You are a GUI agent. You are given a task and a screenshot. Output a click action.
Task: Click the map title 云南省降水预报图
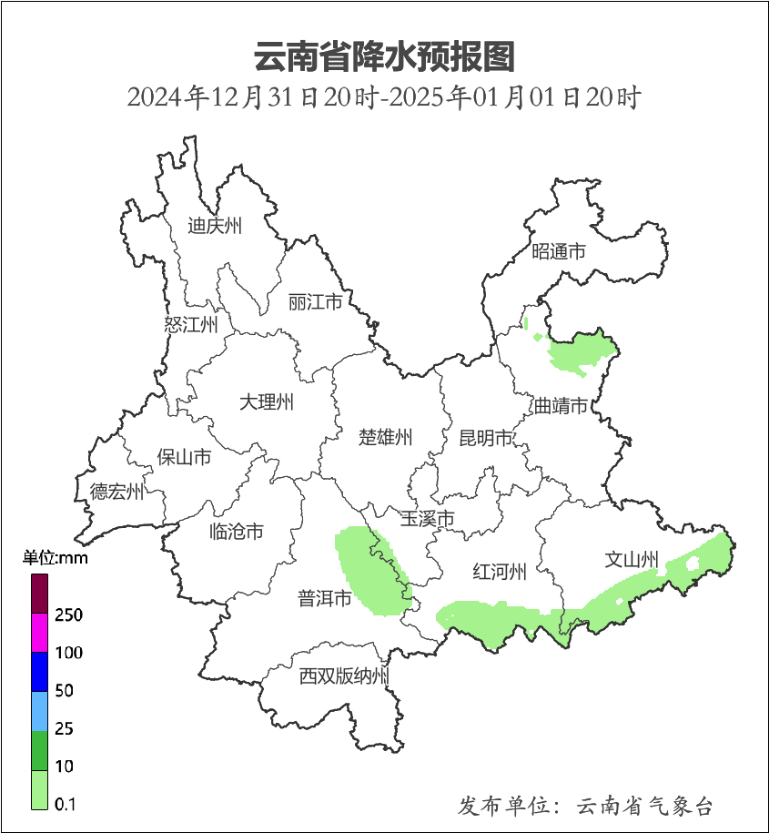pyautogui.click(x=384, y=56)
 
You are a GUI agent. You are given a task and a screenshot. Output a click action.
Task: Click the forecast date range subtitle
pyautogui.click(x=384, y=97)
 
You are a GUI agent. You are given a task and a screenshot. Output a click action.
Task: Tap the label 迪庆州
pyautogui.click(x=215, y=227)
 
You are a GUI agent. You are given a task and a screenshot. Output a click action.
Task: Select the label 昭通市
pyautogui.click(x=558, y=252)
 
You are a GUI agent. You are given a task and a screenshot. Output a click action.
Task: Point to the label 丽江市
pyautogui.click(x=315, y=301)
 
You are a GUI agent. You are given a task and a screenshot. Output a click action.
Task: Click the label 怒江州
pyautogui.click(x=191, y=325)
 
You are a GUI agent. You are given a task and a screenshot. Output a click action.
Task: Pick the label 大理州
pyautogui.click(x=267, y=401)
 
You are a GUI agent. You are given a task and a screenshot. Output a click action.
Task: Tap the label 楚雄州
pyautogui.click(x=385, y=438)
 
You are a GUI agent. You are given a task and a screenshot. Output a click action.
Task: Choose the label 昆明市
pyautogui.click(x=486, y=439)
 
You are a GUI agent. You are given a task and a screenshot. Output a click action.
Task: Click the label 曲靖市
pyautogui.click(x=560, y=406)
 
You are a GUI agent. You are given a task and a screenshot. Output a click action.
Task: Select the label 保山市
pyautogui.click(x=184, y=457)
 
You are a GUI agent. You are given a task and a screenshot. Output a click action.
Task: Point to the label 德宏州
pyautogui.click(x=116, y=493)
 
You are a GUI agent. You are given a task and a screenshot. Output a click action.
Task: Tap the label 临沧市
pyautogui.click(x=236, y=532)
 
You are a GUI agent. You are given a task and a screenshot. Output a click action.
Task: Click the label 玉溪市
pyautogui.click(x=427, y=519)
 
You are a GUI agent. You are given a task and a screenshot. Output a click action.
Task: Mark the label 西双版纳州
pyautogui.click(x=344, y=676)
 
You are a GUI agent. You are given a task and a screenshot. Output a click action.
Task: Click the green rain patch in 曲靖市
pyautogui.click(x=581, y=352)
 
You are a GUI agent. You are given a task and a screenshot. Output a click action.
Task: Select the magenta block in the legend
pyautogui.click(x=39, y=633)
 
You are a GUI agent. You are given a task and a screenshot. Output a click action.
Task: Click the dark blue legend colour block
pyautogui.click(x=39, y=671)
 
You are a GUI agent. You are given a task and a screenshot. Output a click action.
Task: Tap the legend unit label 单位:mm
pyautogui.click(x=56, y=558)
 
